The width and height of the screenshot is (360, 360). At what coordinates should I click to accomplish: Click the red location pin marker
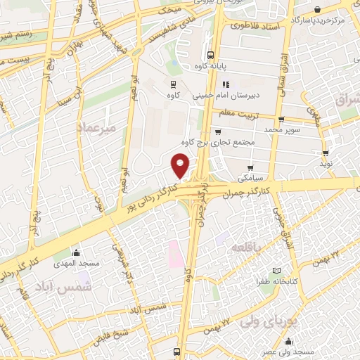[181, 166]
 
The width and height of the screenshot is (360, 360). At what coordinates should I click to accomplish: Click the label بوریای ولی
[272, 322]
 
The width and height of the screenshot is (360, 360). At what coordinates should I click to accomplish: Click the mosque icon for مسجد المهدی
[77, 252]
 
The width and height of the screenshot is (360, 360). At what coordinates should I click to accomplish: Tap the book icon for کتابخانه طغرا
[278, 271]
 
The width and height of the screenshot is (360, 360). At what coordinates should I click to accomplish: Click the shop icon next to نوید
[326, 153]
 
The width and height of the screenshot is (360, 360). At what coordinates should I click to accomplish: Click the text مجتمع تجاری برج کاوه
[226, 142]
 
